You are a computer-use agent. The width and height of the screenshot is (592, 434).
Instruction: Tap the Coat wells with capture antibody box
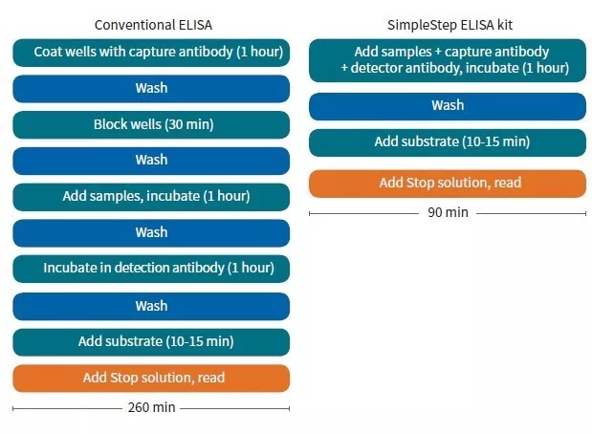pos(151,52)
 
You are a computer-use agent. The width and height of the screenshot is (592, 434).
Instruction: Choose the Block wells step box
pos(151,124)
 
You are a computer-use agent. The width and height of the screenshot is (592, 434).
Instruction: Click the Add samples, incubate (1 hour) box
pos(151,196)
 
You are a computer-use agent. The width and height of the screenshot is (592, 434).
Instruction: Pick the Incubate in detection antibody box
pos(151,269)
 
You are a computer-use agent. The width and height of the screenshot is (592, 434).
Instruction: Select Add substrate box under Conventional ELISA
pos(151,341)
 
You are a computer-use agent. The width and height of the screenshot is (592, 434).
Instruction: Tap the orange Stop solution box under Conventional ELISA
pos(151,378)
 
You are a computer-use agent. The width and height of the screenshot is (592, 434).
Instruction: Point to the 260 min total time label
pos(151,407)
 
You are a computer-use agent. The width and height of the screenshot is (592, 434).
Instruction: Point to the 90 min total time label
pos(447,212)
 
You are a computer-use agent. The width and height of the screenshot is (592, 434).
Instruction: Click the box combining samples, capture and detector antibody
pos(447,59)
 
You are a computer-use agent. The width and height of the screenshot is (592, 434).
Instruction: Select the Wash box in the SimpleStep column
pos(447,106)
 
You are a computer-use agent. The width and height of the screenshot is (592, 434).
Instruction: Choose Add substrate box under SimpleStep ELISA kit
pos(447,142)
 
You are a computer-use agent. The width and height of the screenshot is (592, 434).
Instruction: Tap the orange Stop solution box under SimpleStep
pos(447,183)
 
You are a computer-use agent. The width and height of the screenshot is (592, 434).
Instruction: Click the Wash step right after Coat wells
pos(151,88)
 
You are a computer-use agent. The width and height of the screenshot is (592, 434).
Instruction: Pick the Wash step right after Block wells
pos(151,161)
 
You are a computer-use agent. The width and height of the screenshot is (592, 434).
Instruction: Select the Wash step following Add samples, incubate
pos(151,232)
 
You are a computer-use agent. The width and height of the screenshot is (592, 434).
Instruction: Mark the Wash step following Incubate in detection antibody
pos(151,306)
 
